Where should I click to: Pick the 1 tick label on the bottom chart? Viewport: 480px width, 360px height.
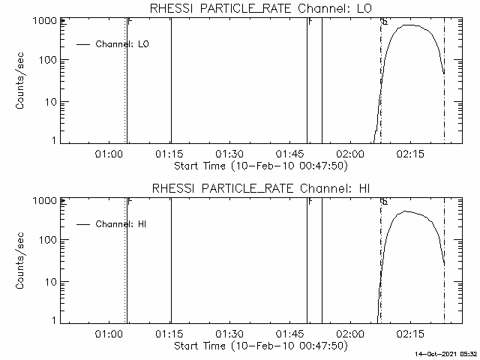(x=53, y=321)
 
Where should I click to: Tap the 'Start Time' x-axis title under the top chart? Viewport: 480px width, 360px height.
(x=259, y=166)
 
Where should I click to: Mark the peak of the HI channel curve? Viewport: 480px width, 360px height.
(x=406, y=211)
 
